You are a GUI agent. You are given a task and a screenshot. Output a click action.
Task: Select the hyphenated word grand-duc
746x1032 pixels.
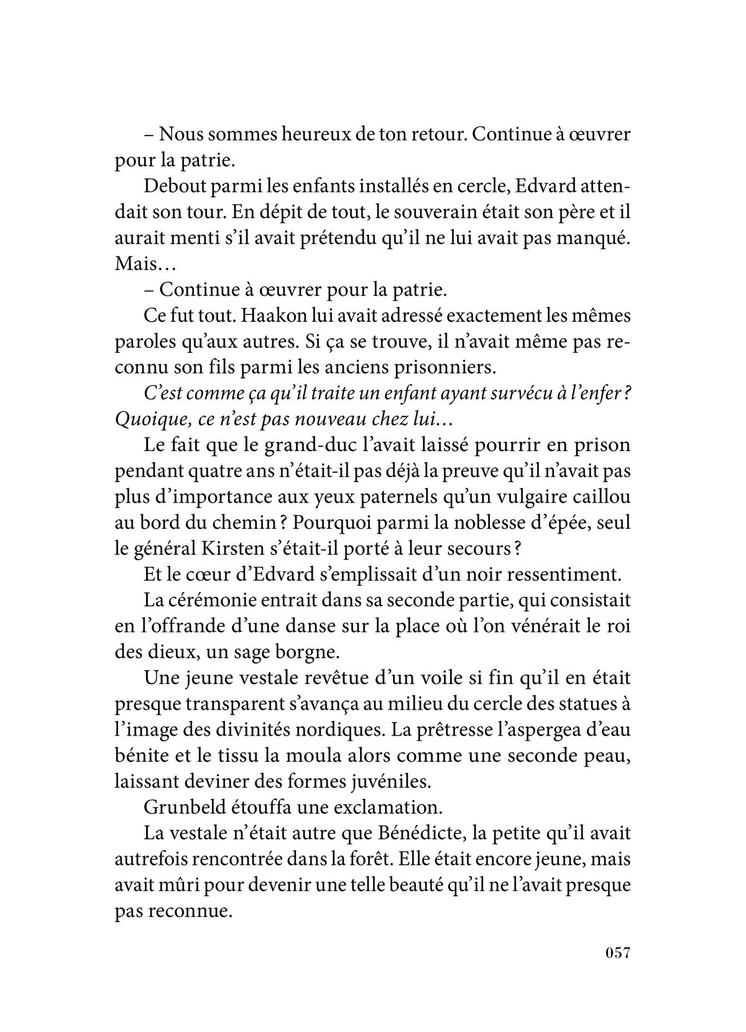click(x=299, y=445)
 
